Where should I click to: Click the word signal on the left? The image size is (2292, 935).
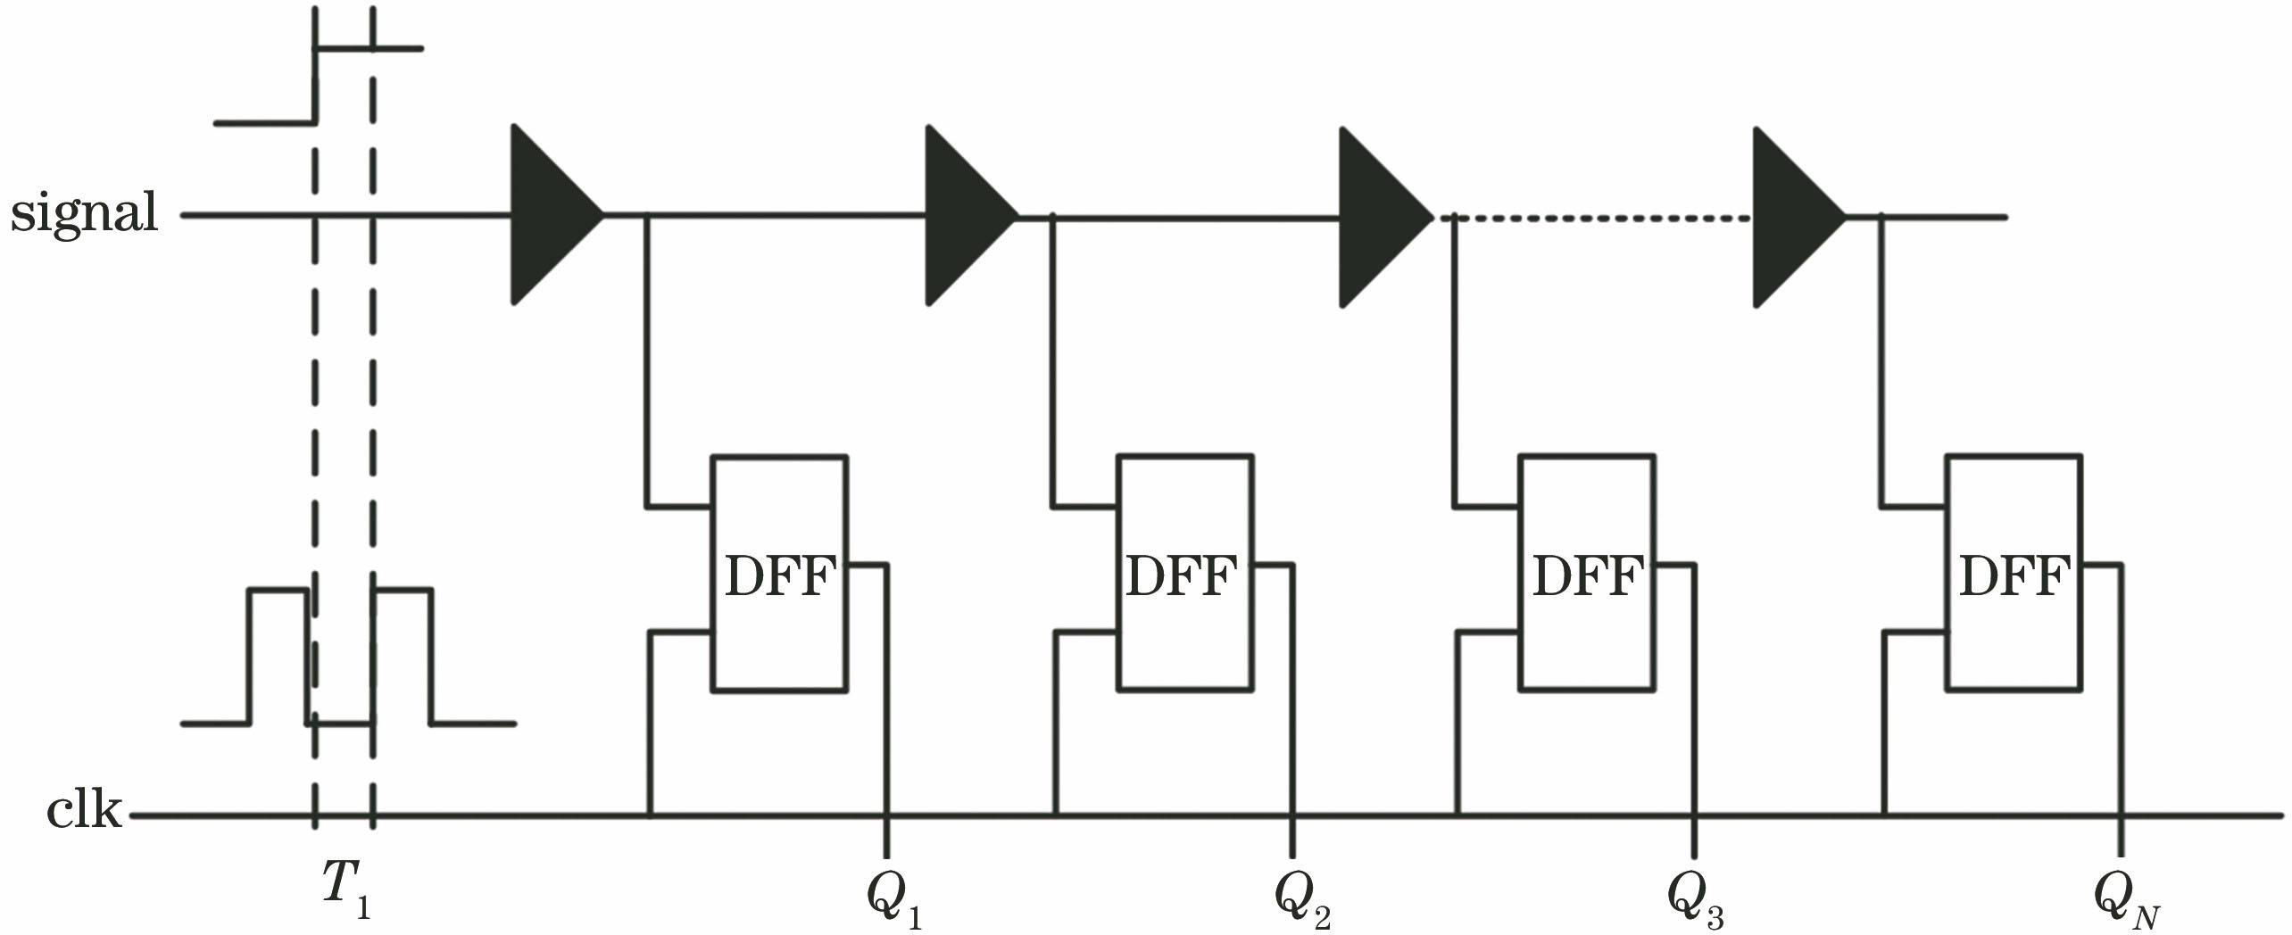85,214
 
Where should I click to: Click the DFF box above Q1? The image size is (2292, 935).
779,574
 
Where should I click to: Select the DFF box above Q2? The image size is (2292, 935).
1185,574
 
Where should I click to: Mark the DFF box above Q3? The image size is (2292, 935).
1588,574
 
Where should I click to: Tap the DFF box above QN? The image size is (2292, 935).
2014,574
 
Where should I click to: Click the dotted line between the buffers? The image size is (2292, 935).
1598,217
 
